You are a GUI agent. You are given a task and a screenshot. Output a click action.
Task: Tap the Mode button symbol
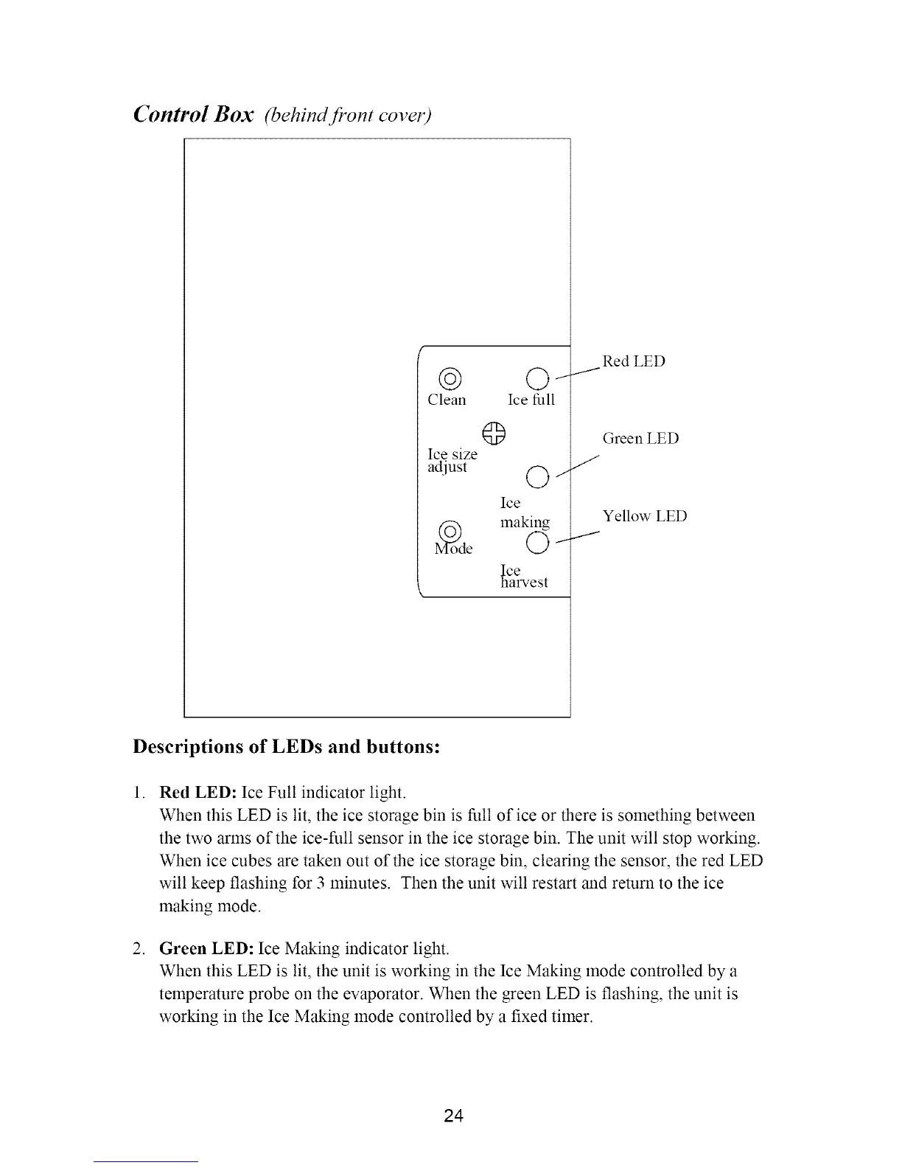click(x=450, y=530)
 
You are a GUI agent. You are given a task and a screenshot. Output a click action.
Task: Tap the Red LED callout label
click(x=634, y=361)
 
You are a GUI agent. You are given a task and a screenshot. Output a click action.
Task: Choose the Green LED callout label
click(x=640, y=439)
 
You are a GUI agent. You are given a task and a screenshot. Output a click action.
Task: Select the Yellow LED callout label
click(x=645, y=516)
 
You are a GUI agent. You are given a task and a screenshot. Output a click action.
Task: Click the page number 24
click(x=454, y=1116)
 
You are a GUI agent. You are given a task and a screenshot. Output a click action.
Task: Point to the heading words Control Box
click(x=194, y=115)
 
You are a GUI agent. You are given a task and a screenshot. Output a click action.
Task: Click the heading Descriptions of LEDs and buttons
click(x=287, y=746)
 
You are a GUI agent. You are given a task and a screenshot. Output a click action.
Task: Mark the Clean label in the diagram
click(x=447, y=400)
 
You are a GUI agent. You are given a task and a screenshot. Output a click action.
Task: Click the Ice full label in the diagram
click(x=531, y=400)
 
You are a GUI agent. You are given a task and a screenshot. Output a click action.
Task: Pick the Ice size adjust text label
click(x=452, y=461)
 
